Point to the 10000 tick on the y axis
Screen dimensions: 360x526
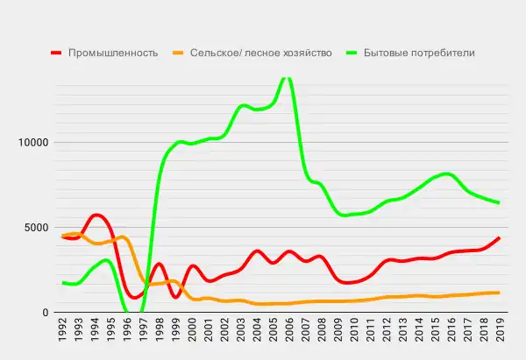pos(32,143)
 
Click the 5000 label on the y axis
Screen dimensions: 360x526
pos(36,228)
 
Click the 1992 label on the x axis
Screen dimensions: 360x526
pos(63,334)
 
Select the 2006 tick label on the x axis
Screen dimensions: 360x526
pos(288,334)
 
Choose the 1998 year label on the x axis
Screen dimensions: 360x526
pos(160,334)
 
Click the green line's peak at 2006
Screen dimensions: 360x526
pos(287,78)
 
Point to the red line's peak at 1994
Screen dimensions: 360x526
pos(96,215)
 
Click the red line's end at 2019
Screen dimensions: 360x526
pos(499,237)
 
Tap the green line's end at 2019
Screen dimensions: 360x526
pos(499,203)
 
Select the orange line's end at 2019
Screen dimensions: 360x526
pos(499,293)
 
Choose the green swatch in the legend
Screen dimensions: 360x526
pos(345,53)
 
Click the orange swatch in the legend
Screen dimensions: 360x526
pos(179,53)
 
